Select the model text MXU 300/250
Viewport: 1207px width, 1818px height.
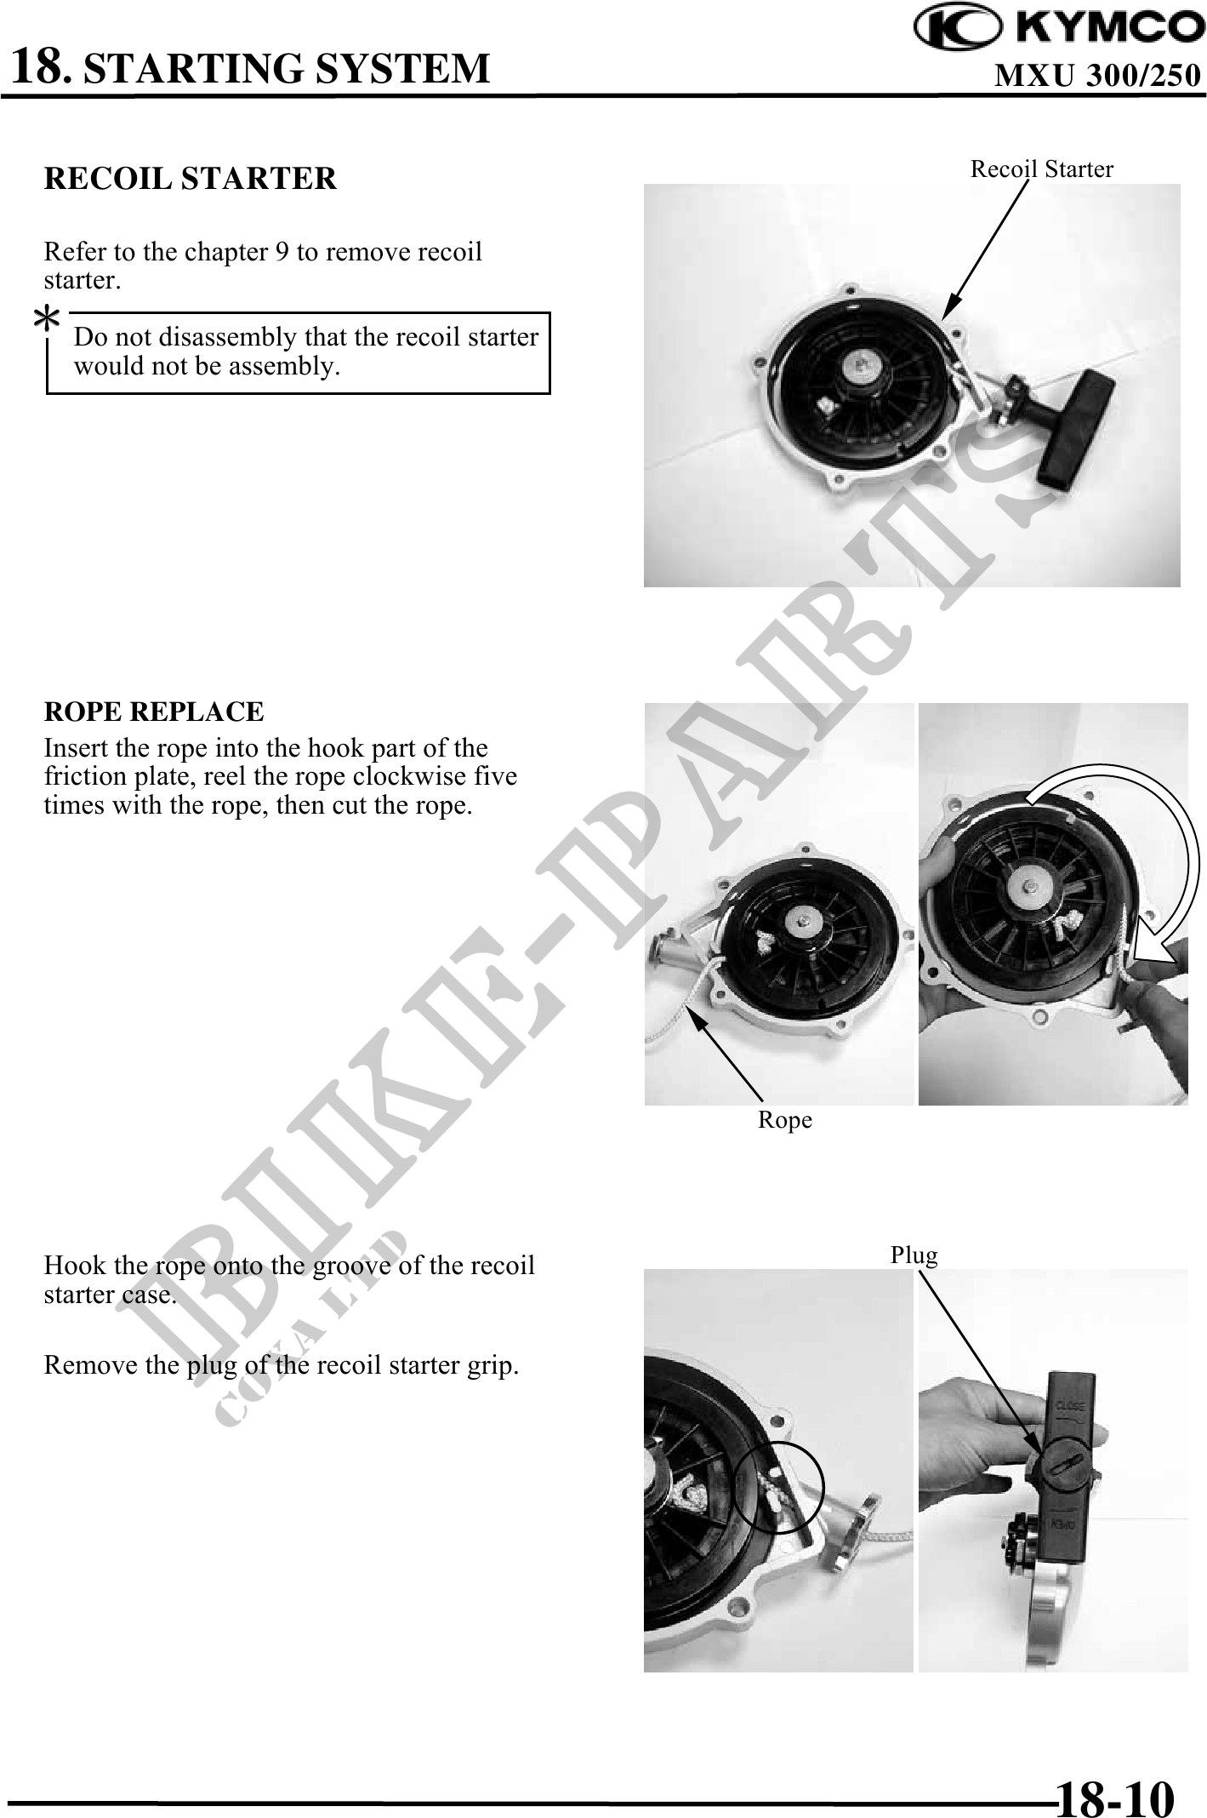pos(1097,76)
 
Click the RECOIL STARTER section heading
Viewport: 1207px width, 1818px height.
pos(190,179)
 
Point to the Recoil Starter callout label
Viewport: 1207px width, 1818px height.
pos(1041,169)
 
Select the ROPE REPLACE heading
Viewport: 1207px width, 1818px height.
pos(154,712)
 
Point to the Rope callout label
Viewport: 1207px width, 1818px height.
pos(784,1120)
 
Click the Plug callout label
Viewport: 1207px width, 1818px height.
pos(914,1255)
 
